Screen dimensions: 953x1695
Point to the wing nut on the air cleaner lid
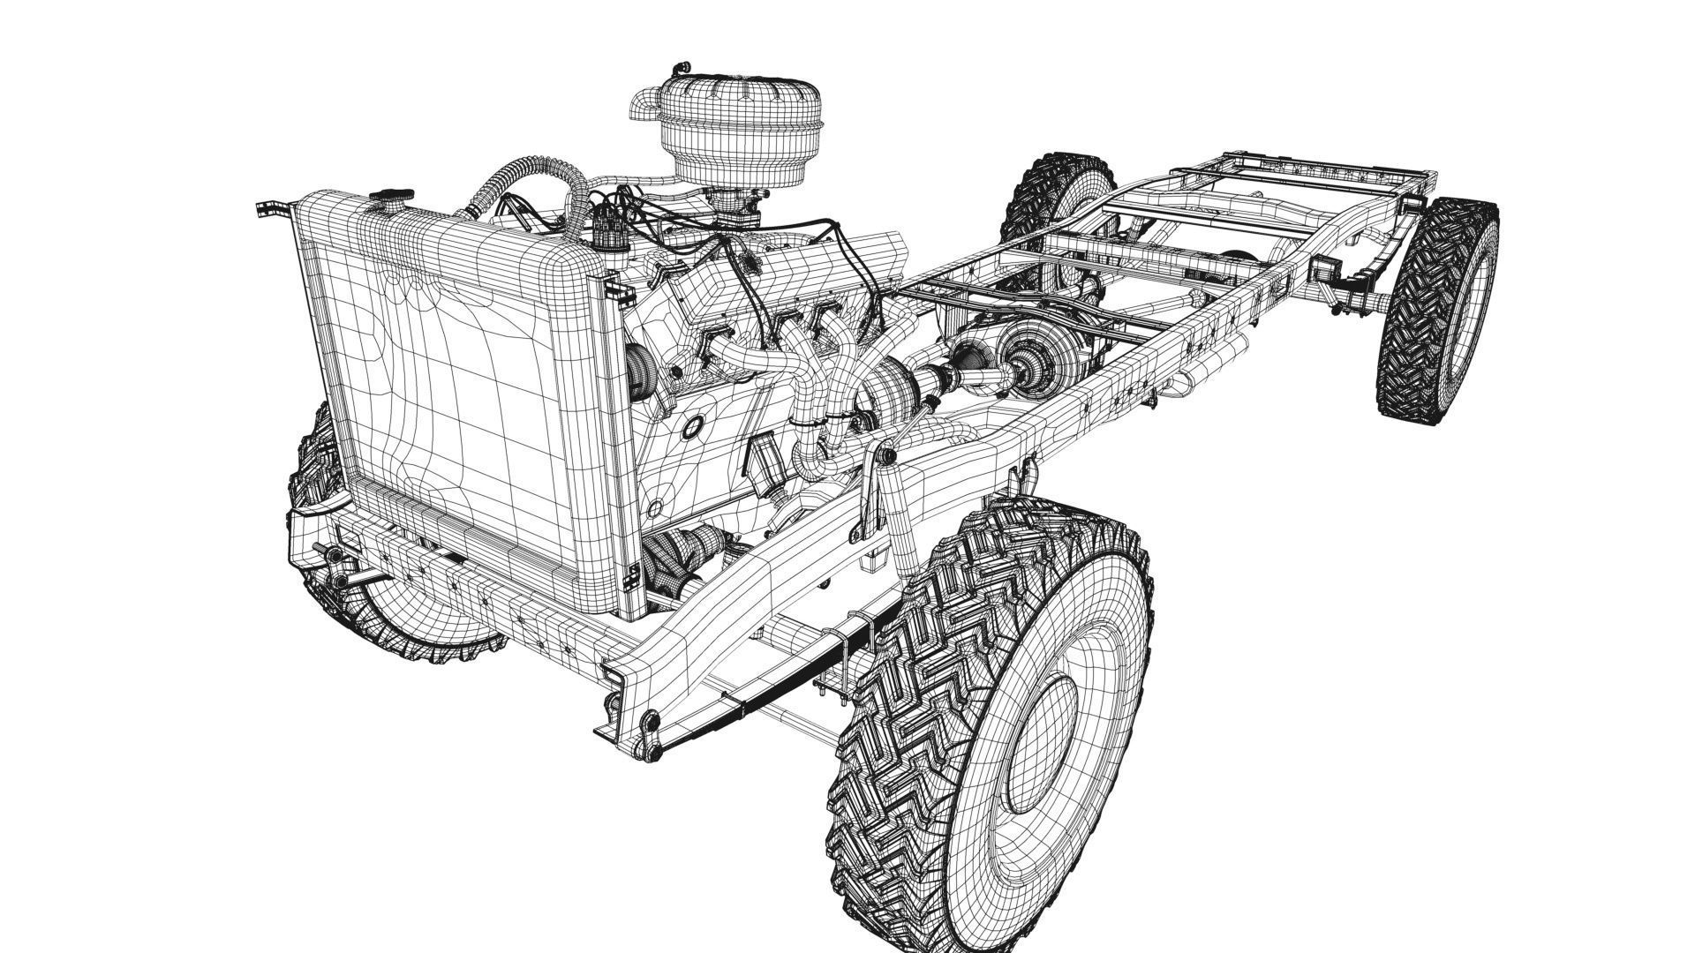pos(680,68)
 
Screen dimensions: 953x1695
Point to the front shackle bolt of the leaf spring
pos(652,725)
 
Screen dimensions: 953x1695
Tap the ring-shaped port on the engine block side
pos(691,425)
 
